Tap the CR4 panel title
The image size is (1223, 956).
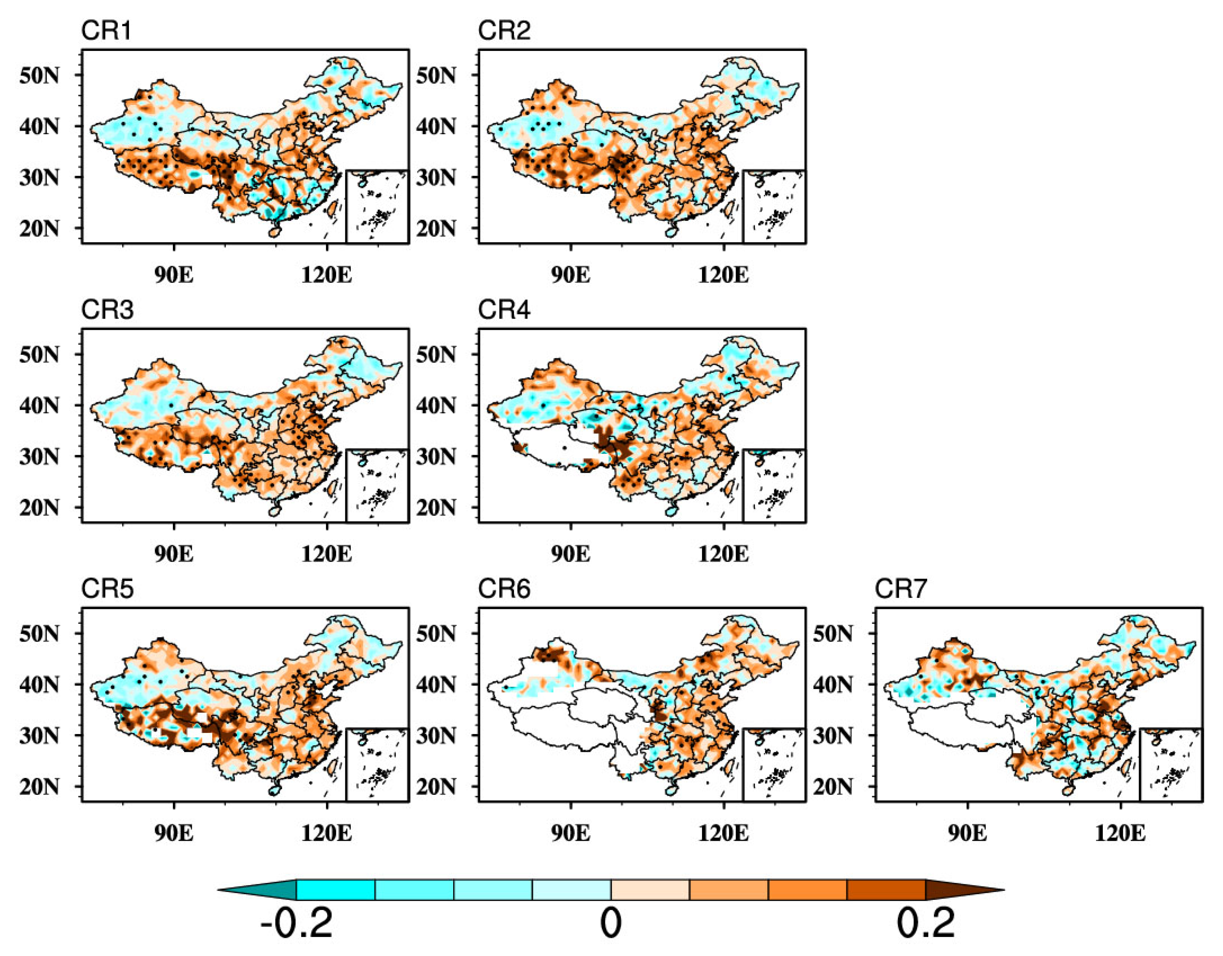coord(503,309)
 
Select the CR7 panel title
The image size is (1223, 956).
coord(900,589)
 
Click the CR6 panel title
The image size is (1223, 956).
coord(503,589)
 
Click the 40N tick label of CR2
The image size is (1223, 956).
coord(436,126)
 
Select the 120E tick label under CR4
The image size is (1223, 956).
coord(723,554)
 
